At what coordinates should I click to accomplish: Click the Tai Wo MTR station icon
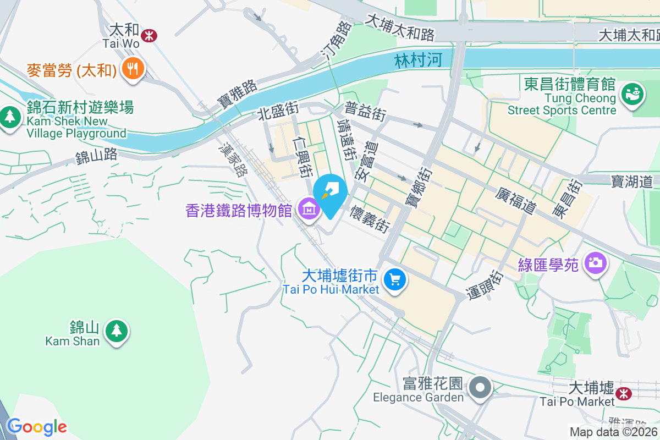[148, 35]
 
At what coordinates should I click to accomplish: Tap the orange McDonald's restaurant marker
[133, 69]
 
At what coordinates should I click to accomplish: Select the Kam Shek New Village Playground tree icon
[9, 117]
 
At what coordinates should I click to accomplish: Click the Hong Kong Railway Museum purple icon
[309, 209]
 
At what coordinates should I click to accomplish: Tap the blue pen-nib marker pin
[331, 191]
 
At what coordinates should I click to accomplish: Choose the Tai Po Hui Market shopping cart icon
[394, 279]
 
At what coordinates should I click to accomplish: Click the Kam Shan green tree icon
[116, 331]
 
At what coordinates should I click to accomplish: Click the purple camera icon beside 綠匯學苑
[595, 262]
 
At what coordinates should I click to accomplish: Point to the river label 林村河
[419, 60]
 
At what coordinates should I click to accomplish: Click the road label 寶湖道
[632, 181]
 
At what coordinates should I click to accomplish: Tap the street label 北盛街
[279, 112]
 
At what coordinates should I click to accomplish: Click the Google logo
[36, 426]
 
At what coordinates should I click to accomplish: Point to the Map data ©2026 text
[613, 432]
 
